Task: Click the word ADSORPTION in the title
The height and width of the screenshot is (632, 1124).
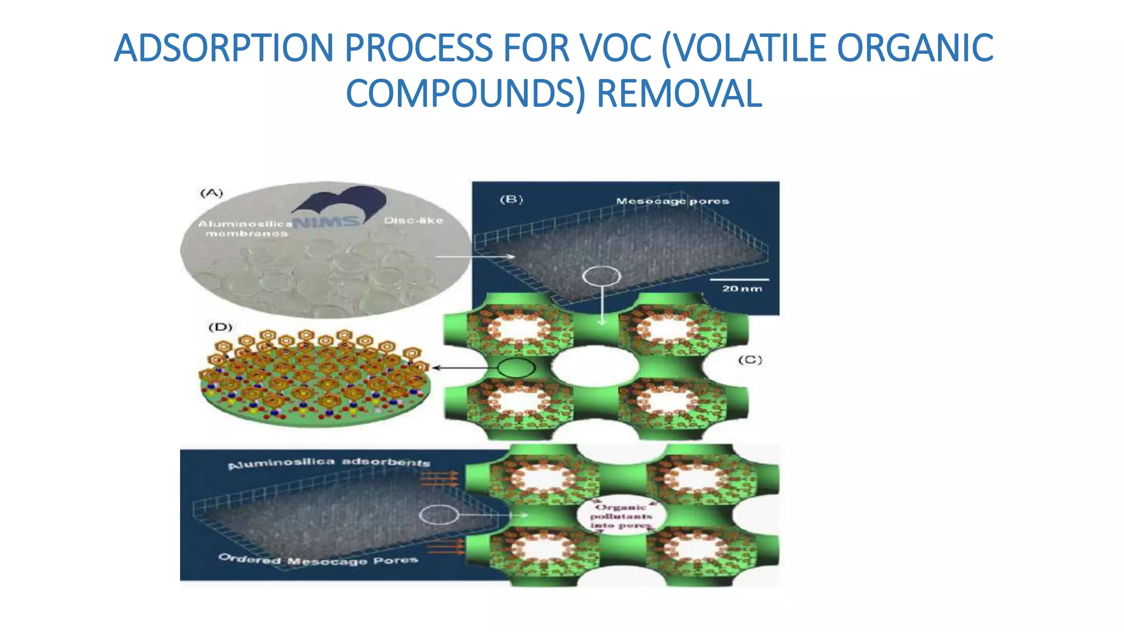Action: pos(223,48)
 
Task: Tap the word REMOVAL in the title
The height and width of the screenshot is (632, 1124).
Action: pos(679,94)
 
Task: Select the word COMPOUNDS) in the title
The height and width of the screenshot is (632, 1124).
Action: pos(466,94)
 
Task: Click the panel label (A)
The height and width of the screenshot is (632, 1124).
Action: pos(211,193)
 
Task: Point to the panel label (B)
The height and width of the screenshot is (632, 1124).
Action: pos(511,200)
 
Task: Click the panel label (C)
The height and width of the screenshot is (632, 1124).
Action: pos(750,360)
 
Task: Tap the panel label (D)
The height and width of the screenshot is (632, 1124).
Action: pos(220,327)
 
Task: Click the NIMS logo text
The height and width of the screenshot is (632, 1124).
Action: pos(327,222)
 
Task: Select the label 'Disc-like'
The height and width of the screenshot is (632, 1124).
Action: pos(413,221)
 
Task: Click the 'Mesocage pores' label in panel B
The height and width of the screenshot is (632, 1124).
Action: pos(672,201)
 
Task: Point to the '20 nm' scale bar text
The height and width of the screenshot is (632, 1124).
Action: pos(742,289)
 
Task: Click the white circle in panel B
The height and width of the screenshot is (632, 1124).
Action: pos(602,276)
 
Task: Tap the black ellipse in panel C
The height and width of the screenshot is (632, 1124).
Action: pos(516,367)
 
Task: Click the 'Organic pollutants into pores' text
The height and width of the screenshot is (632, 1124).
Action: pos(621,516)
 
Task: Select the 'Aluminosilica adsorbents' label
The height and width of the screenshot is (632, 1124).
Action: pos(329,462)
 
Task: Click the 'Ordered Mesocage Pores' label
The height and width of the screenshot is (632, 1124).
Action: pos(318,560)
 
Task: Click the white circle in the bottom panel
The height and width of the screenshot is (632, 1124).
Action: pos(439,515)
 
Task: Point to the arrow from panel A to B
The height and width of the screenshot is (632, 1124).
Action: pos(475,256)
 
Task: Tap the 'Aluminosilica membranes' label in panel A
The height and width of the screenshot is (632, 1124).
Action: pos(245,229)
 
